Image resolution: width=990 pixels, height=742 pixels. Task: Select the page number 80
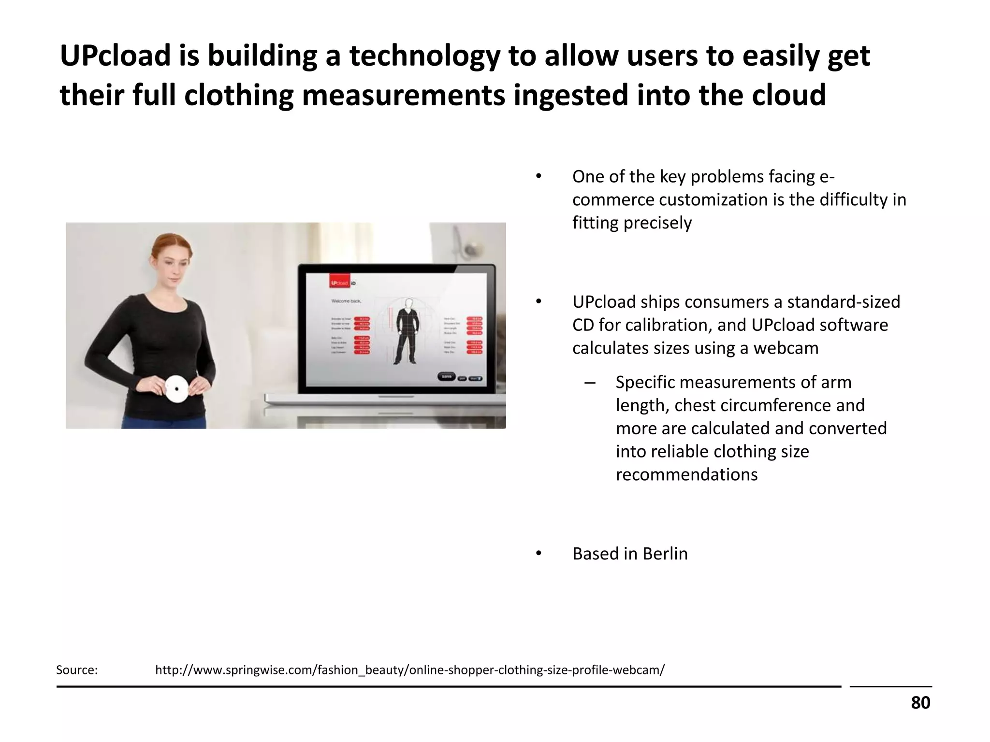click(x=920, y=702)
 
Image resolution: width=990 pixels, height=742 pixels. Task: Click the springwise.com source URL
click(x=409, y=670)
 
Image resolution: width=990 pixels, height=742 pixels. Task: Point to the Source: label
click(x=77, y=670)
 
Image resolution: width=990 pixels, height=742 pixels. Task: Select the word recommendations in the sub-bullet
click(x=686, y=474)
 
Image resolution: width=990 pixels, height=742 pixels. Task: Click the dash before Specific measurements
click(x=589, y=383)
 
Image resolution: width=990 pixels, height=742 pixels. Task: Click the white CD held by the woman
click(x=177, y=389)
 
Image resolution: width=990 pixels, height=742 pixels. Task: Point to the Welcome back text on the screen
click(x=346, y=301)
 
